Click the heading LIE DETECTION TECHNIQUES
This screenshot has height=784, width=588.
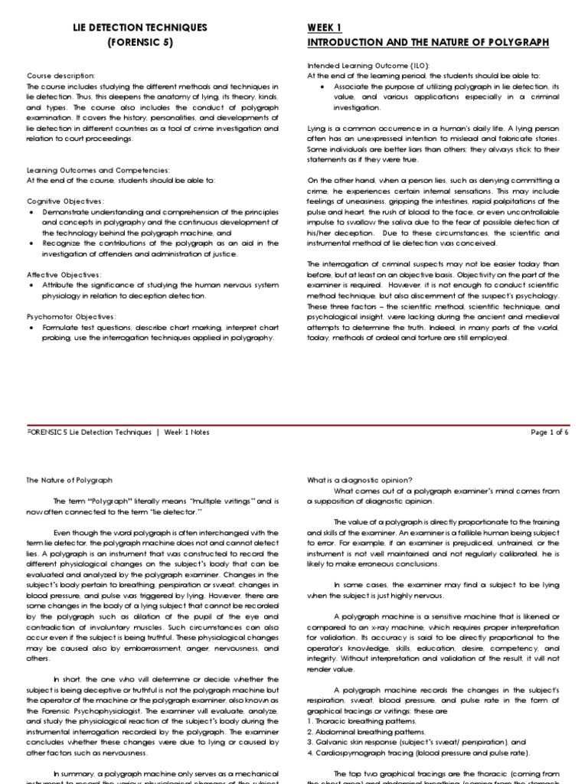coord(140,28)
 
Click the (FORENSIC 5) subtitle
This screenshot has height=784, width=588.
coord(140,43)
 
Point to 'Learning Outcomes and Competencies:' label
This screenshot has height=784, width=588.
coord(98,170)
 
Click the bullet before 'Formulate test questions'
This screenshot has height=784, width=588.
coord(30,326)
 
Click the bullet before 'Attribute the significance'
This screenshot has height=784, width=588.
coord(30,285)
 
